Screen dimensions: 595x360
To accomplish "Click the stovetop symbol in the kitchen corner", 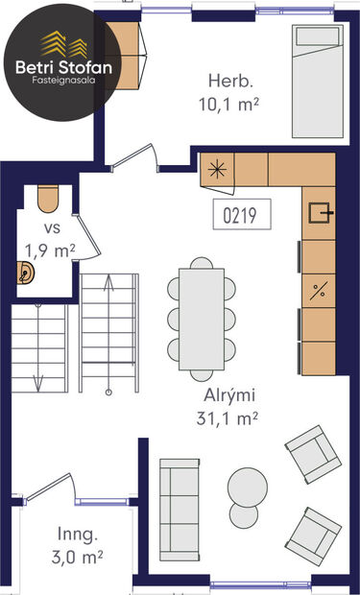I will tap(219, 170).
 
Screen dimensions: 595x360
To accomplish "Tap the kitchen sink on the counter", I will tap(319, 212).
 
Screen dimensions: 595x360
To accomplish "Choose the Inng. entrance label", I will tap(78, 534).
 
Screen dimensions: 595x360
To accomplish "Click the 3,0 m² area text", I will tap(78, 556).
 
